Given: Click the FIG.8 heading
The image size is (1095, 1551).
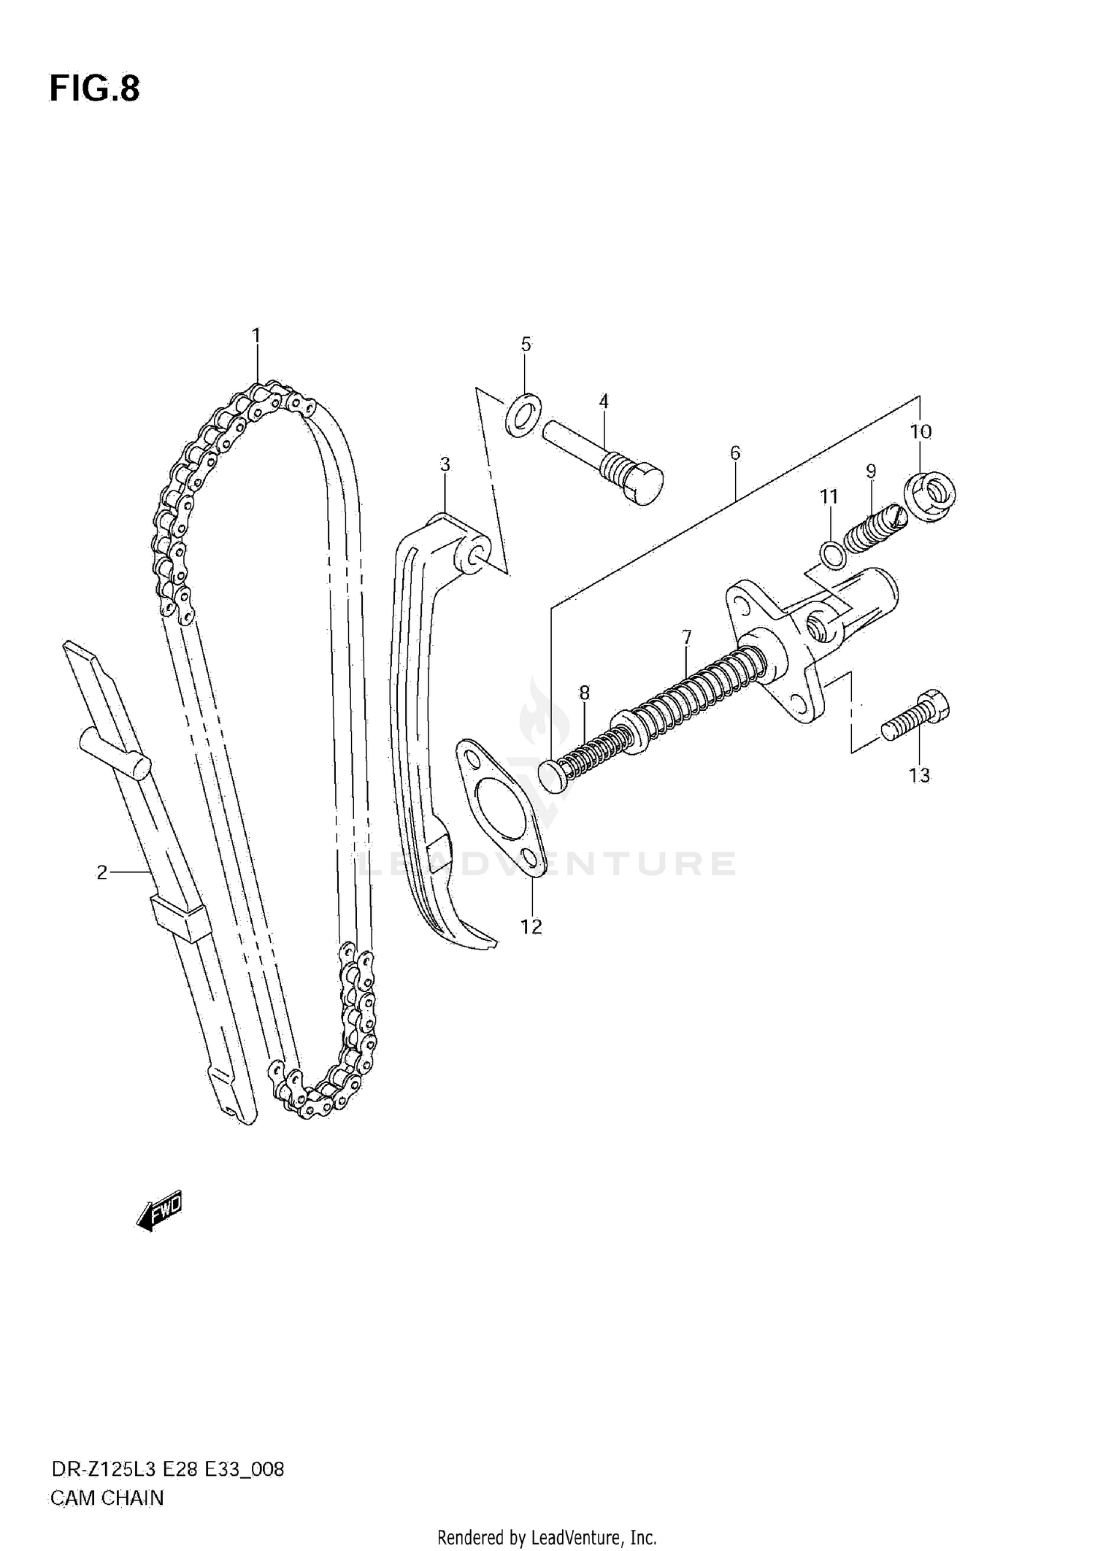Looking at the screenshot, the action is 94,89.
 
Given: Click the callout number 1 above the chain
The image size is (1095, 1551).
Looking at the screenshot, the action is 256,336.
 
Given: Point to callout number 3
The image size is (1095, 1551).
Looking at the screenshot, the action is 445,464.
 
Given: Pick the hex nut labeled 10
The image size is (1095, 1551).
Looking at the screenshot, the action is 930,498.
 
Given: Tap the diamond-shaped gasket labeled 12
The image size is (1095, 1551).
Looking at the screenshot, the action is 504,803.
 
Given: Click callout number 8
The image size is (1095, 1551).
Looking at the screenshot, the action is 584,693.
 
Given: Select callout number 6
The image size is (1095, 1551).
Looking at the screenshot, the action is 734,453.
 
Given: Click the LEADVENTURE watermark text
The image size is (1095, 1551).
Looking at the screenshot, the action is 547,864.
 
